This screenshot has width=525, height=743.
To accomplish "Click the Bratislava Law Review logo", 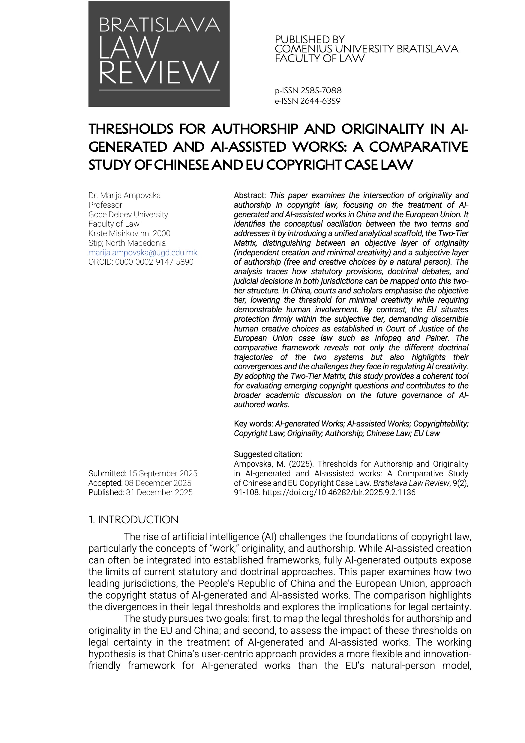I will pyautogui.click(x=159, y=54).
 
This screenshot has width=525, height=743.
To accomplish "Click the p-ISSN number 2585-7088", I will pyautogui.click(x=321, y=91).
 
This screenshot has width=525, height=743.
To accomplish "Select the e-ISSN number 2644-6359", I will pyautogui.click(x=320, y=101).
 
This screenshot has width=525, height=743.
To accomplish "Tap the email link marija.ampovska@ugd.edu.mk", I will pyautogui.click(x=142, y=252).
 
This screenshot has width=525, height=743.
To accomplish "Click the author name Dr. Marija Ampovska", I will pyautogui.click(x=124, y=195).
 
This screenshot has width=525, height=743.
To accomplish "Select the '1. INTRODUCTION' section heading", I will pyautogui.click(x=133, y=520).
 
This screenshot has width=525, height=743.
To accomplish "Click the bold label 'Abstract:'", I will pyautogui.click(x=250, y=195).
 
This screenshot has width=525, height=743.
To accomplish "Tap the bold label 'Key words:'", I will pyautogui.click(x=253, y=424).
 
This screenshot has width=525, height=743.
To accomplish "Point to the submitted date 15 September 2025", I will pyautogui.click(x=163, y=474).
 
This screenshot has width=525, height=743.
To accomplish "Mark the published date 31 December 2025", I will pyautogui.click(x=159, y=492).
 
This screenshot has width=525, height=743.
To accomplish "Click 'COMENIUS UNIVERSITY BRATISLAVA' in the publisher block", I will pyautogui.click(x=366, y=49).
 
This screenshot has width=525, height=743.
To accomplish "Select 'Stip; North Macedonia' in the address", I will pyautogui.click(x=127, y=243).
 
